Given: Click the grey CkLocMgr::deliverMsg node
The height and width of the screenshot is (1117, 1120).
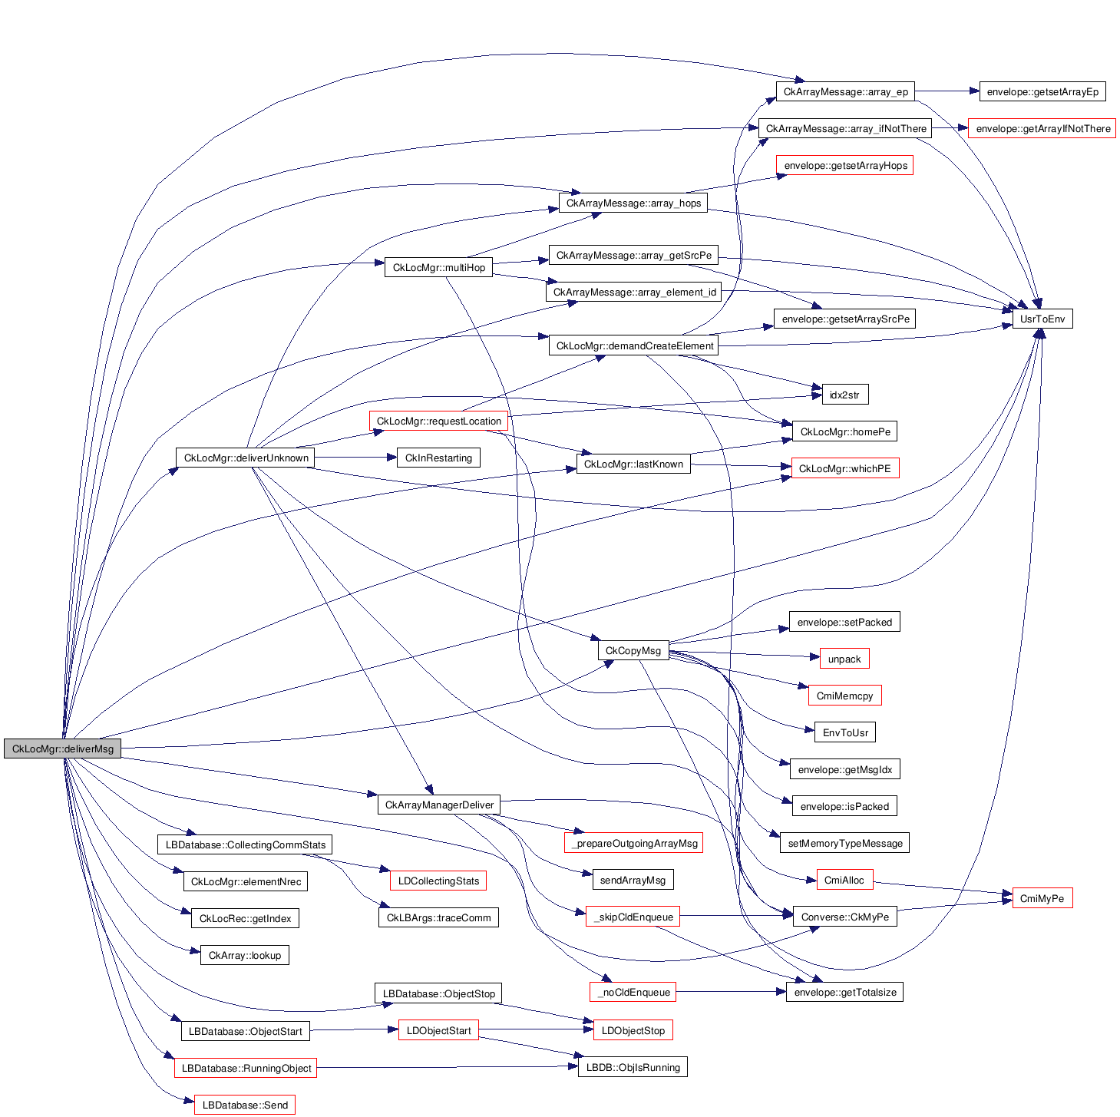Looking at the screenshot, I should click(x=62, y=749).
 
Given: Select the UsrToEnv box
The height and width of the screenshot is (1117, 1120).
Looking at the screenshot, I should click(x=1042, y=319).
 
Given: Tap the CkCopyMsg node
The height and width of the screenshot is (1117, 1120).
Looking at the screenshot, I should click(x=633, y=650).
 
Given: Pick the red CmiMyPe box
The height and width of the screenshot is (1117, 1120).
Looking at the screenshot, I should click(x=1042, y=898).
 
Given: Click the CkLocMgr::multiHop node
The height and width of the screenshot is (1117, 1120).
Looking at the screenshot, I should click(x=438, y=267).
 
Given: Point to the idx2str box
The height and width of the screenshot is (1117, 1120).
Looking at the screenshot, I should click(x=844, y=395).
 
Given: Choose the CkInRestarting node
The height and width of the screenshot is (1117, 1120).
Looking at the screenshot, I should click(x=438, y=458).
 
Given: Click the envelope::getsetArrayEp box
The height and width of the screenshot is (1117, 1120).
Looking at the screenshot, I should click(x=1042, y=91).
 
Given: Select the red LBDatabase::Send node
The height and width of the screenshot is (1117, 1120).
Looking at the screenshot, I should click(x=244, y=1105).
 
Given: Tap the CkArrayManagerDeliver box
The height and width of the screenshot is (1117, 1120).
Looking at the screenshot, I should click(x=438, y=805).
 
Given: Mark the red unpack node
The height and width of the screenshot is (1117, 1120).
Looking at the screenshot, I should click(x=844, y=659).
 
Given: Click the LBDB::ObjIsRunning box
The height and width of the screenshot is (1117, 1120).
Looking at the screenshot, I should click(x=633, y=1067).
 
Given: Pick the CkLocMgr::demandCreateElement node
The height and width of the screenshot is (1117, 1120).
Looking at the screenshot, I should click(x=634, y=345).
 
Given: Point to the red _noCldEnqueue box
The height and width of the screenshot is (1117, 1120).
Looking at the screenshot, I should click(x=633, y=992).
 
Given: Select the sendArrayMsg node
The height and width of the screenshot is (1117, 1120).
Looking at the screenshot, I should click(x=633, y=880).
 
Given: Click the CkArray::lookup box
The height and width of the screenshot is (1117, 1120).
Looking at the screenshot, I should click(x=244, y=955).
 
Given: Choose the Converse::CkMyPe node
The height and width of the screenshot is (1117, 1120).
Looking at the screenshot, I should click(x=844, y=917).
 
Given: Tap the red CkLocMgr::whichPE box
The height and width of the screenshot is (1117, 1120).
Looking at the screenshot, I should click(x=844, y=468).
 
